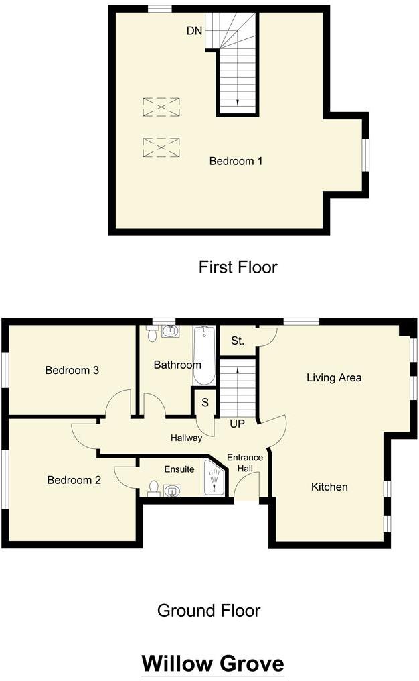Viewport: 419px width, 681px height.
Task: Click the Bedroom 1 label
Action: click(x=236, y=161)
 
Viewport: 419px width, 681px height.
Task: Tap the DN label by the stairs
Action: click(x=194, y=31)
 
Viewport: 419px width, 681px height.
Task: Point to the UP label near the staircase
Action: click(x=237, y=424)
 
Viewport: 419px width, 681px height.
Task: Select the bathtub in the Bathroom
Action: click(x=204, y=355)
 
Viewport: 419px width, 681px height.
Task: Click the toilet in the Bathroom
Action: click(x=152, y=333)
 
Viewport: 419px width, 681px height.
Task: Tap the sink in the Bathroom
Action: click(x=171, y=331)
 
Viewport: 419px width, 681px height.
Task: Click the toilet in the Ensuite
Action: click(x=153, y=488)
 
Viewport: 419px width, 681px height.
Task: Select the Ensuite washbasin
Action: click(x=173, y=491)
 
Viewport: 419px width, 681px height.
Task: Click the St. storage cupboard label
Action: click(x=237, y=341)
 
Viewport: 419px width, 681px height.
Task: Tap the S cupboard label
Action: click(x=205, y=403)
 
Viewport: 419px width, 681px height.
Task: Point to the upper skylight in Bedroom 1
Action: click(x=161, y=107)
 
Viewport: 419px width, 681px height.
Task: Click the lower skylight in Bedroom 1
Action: click(x=161, y=147)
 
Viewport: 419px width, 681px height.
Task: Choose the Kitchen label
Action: click(x=330, y=487)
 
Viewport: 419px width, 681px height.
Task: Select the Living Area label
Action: click(x=334, y=378)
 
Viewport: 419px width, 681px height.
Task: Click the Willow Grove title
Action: click(x=213, y=664)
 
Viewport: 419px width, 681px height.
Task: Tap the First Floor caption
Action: click(x=238, y=267)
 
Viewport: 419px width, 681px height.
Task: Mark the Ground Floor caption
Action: click(x=209, y=611)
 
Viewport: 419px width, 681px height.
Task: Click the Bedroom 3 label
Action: click(x=72, y=371)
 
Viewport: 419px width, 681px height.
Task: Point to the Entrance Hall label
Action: click(x=245, y=463)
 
